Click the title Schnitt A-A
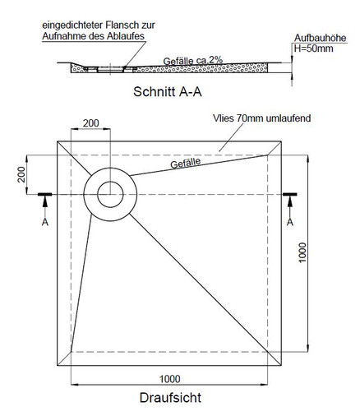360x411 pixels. click(168, 92)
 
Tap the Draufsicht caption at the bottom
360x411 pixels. click(170, 398)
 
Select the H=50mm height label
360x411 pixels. click(313, 48)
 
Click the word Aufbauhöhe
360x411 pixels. click(320, 38)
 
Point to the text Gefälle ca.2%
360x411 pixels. click(193, 61)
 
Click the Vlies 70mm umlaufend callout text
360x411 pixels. click(261, 118)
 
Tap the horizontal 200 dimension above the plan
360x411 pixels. click(90, 123)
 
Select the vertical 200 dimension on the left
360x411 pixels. click(21, 174)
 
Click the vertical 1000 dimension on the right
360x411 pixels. click(302, 252)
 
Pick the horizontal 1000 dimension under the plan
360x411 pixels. click(170, 379)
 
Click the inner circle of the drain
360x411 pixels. click(110, 182)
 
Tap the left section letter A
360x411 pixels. click(45, 222)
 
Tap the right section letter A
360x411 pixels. click(290, 222)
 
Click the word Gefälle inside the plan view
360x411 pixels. click(186, 164)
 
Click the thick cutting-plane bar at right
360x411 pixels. click(290, 195)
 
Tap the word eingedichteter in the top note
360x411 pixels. click(71, 25)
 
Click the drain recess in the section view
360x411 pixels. click(110, 70)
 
